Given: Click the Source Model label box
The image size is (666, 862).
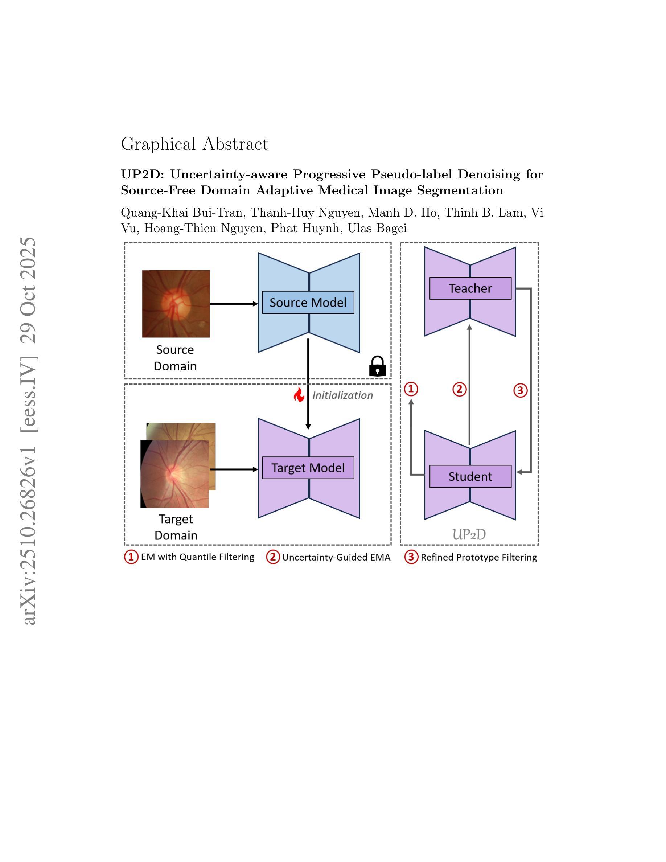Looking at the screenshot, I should coord(308,302).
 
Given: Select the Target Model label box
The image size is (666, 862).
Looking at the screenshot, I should coord(308,468).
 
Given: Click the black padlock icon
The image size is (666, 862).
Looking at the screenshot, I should coord(377,367).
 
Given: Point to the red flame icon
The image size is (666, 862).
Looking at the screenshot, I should coord(299,395).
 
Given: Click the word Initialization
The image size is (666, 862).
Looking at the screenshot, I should coord(342,395).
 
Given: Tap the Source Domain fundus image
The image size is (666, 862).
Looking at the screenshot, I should coord(176,304).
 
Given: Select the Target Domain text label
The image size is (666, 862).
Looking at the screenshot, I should coord(176,527).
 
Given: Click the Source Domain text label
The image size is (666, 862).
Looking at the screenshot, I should coord(175,358).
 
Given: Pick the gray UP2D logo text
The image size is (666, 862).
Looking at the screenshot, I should coord(469,534).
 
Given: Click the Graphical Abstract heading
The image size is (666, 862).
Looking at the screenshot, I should coord(194,144).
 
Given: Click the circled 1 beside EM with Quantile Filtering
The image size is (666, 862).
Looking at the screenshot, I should coord(131,557).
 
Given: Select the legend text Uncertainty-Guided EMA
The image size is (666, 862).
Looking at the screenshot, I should coord(336,557).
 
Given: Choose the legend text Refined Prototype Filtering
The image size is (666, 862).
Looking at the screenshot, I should coord(478,557).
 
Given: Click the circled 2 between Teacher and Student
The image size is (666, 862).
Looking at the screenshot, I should coord(459,389).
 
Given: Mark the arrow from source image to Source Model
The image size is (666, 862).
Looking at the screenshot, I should coord(234,304).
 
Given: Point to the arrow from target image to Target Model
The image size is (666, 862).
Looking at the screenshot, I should coord(234,469).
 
